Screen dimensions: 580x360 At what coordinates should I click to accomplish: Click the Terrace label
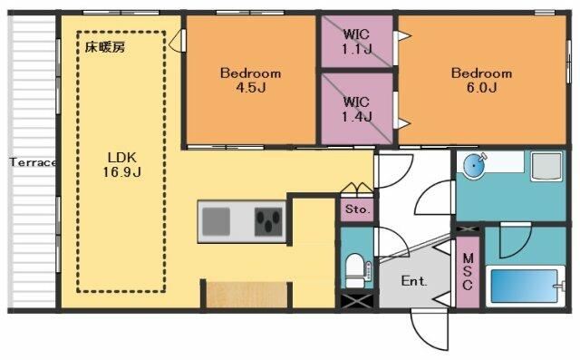pos(33,162)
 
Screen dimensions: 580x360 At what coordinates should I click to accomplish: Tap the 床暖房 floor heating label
pos(105,47)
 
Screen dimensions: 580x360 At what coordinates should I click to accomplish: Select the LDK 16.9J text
pos(122,165)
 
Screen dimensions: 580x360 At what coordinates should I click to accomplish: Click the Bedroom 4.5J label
pos(250,80)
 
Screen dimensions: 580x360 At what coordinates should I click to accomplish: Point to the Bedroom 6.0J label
pos(481,80)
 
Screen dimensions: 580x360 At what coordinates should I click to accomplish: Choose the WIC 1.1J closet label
pos(356,42)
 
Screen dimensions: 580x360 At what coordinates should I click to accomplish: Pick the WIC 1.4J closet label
pos(356,109)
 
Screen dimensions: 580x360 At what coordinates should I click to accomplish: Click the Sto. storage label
pos(357,209)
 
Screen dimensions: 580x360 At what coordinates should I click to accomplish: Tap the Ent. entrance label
pos(414,281)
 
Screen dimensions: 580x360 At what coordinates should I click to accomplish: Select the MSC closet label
pos(468,271)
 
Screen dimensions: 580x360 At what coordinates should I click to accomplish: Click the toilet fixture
pos(357,271)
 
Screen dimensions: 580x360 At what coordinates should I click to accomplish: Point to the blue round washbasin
pos(475,167)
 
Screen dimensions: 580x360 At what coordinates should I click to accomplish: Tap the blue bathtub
pos(525,286)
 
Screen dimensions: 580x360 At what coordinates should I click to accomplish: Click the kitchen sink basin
pos(216,221)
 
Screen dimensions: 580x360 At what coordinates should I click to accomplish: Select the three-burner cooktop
pos(268,221)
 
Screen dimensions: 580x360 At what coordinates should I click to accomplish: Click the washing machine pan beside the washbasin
pos(546,167)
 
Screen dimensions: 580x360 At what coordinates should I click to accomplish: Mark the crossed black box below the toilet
pos(357,301)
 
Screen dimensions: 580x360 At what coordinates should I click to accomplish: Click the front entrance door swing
pos(430,330)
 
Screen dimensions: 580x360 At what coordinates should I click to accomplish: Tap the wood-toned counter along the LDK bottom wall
pos(246,295)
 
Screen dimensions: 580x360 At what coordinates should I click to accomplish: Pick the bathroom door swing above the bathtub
pos(516,240)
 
